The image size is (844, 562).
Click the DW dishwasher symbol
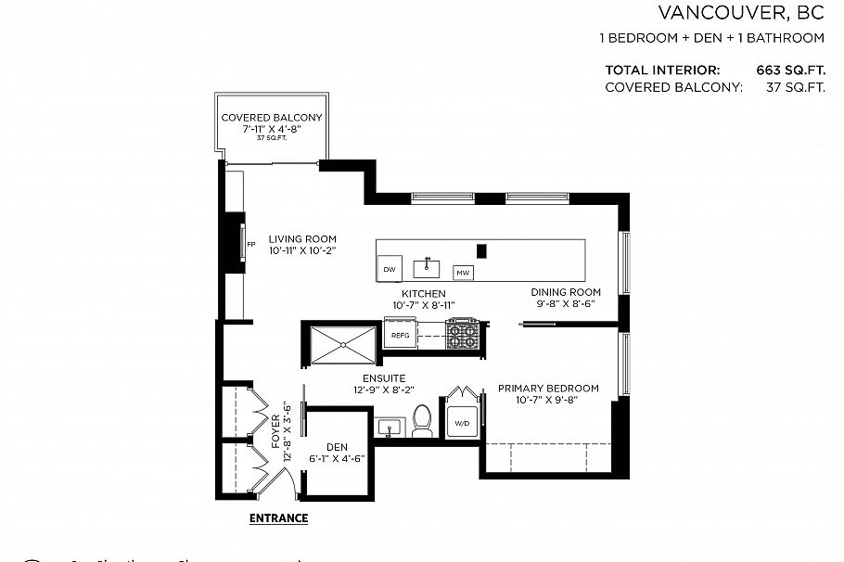coord(389,269)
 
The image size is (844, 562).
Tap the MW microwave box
coord(462,273)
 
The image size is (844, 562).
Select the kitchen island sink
coord(426,267)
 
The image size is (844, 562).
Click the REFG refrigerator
coord(400,335)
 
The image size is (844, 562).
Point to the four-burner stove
coord(463,334)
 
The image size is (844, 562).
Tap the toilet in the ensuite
coord(422,421)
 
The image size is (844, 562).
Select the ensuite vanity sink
coord(391,427)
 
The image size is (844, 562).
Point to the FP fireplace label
coord(250,245)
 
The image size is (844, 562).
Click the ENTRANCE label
coord(278,518)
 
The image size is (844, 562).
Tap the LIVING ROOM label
coord(302,238)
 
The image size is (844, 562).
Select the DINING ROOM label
coord(566,292)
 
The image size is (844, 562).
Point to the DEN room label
coord(336,447)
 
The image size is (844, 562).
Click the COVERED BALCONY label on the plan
coord(271,118)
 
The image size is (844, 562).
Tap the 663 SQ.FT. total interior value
coord(790,70)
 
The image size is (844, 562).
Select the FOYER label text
coord(276,432)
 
